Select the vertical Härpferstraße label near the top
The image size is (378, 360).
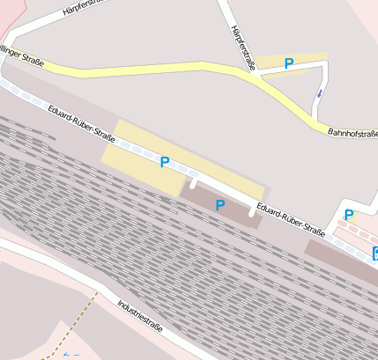pos(243,47)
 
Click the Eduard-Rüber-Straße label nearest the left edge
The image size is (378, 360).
pos(82,124)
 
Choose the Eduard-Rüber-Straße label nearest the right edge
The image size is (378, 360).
pos(290,220)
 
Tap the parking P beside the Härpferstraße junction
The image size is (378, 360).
pos(288,63)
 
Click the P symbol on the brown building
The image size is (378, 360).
pos(220,205)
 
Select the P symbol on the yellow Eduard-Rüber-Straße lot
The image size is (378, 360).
pos(164,161)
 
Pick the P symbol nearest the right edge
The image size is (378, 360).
pos(349,215)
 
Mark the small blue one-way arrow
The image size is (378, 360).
pos(320,92)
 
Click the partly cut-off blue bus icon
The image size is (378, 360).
pos(374,255)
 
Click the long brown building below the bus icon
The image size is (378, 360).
pos(339,261)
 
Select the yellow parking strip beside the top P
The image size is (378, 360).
pos(304,58)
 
